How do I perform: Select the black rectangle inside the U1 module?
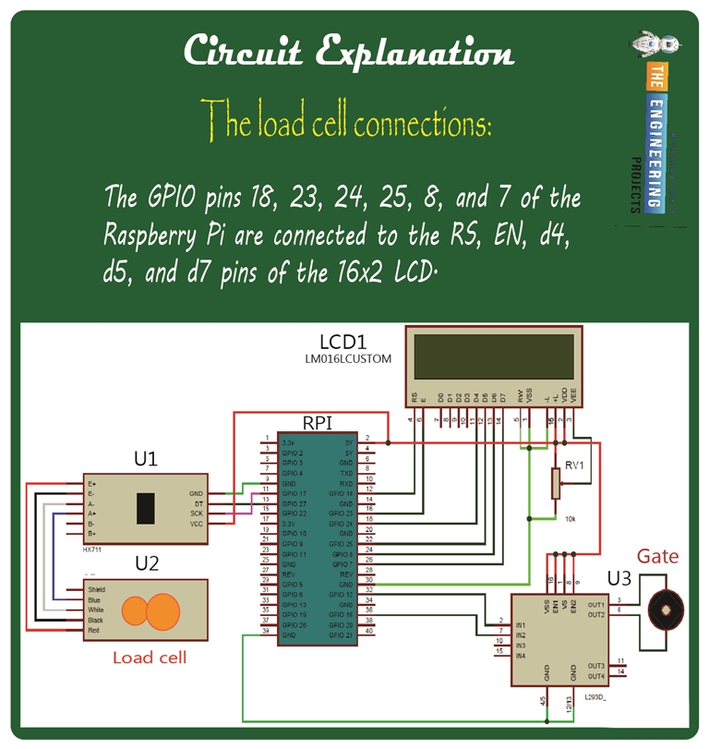click(146, 509)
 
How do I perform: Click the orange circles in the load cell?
click(152, 610)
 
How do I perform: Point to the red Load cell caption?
click(150, 658)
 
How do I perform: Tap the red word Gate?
click(658, 556)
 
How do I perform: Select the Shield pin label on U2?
click(97, 589)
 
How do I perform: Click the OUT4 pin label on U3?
click(595, 676)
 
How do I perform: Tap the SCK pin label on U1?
click(197, 513)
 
